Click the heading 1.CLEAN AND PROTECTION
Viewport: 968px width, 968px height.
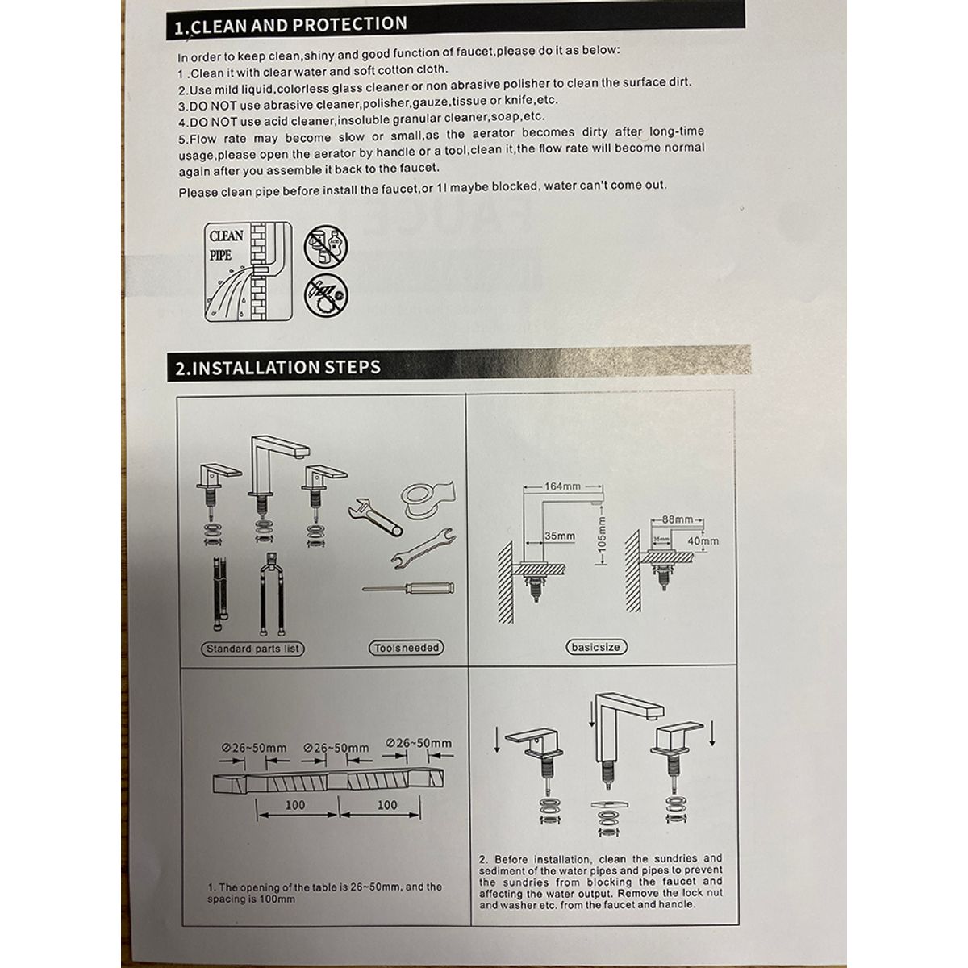click(x=290, y=25)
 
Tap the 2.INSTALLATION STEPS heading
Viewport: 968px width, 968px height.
click(x=277, y=367)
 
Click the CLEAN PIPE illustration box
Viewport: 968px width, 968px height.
click(x=248, y=272)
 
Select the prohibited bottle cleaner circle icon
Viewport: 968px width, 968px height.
click(x=326, y=247)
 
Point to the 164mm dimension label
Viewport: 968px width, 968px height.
click(x=562, y=486)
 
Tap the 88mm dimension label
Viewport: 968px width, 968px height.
click(x=678, y=519)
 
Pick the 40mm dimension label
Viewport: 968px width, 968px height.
click(x=703, y=541)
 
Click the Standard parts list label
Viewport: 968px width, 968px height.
click(x=252, y=649)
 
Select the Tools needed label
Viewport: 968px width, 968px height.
click(x=407, y=648)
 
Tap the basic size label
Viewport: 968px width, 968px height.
click(x=596, y=647)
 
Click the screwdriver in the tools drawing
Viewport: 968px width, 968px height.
click(x=408, y=588)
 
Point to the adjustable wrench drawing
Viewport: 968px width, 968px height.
click(x=375, y=517)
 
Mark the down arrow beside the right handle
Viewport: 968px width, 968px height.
click(x=711, y=734)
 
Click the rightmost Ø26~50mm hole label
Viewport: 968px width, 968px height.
click(x=419, y=743)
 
